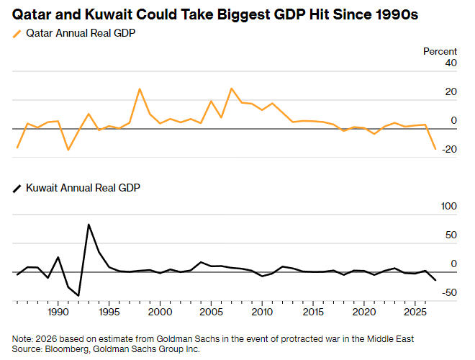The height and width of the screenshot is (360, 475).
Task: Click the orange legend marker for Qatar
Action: [x=17, y=33]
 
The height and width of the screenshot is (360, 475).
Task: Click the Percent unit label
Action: [x=440, y=51]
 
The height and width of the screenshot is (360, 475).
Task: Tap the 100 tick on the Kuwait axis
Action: [x=448, y=207]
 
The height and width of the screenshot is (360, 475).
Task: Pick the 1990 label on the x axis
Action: [x=58, y=312]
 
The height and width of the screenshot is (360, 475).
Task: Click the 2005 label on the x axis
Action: [x=211, y=312]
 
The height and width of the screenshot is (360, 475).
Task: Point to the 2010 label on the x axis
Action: [x=262, y=312]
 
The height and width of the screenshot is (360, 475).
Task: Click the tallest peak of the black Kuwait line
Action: [x=89, y=224]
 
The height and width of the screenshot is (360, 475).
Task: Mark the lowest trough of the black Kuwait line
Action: [x=78, y=296]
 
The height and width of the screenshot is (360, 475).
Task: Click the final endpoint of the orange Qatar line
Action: [x=435, y=149]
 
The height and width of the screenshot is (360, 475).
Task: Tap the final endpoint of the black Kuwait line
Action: [x=435, y=280]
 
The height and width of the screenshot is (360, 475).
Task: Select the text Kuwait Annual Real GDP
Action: [x=83, y=188]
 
